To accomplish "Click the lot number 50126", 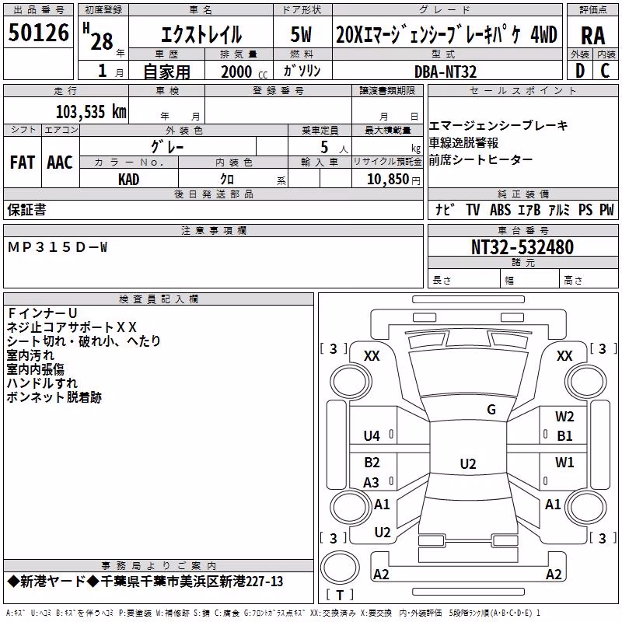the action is pyautogui.click(x=38, y=33).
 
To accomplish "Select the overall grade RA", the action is pyautogui.click(x=592, y=36).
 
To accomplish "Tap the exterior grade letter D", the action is pyautogui.click(x=580, y=71).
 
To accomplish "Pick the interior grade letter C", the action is pyautogui.click(x=605, y=71).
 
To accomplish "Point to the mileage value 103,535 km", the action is pyautogui.click(x=91, y=112).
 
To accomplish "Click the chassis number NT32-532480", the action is pyautogui.click(x=522, y=247).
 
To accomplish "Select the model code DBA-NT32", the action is pyautogui.click(x=446, y=72).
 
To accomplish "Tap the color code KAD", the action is pyautogui.click(x=128, y=180).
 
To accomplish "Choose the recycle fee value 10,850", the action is pyautogui.click(x=388, y=180).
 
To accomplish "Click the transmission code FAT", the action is pyautogui.click(x=23, y=162).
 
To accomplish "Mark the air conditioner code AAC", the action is pyautogui.click(x=60, y=162).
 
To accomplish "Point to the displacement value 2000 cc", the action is pyautogui.click(x=244, y=72).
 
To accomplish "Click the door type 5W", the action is pyautogui.click(x=301, y=34).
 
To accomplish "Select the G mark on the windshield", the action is pyautogui.click(x=491, y=410).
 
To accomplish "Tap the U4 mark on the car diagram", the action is pyautogui.click(x=372, y=436).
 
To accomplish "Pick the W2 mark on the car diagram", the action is pyautogui.click(x=564, y=417).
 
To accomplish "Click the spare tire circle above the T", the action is pyautogui.click(x=340, y=568).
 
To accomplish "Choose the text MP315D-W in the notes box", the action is pyautogui.click(x=58, y=247).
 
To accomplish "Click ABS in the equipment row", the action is pyautogui.click(x=500, y=209).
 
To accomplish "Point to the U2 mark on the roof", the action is pyautogui.click(x=468, y=463).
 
